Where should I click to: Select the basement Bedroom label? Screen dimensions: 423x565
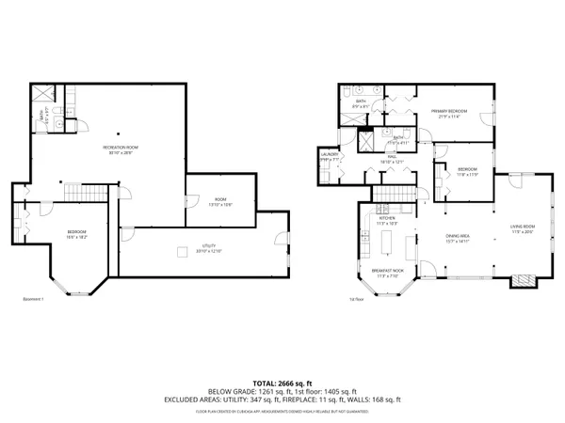pyautogui.click(x=76, y=234)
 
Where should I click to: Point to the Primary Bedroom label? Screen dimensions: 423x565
pyautogui.click(x=451, y=114)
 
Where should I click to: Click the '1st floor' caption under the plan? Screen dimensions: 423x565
pyautogui.click(x=356, y=301)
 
